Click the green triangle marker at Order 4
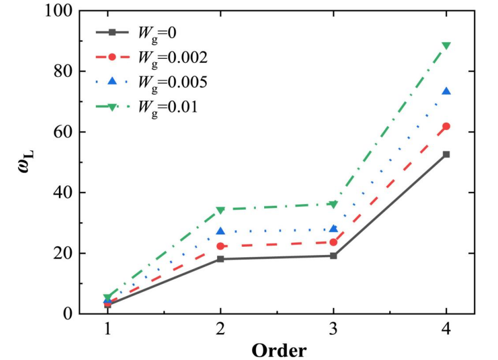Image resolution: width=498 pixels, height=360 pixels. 446,46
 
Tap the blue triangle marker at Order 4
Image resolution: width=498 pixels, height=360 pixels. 446,91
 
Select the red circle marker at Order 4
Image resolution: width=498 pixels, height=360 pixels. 446,126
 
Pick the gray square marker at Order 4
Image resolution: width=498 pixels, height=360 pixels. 446,154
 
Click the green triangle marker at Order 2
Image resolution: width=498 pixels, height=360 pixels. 220,210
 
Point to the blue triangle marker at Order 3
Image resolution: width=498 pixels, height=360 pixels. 334,229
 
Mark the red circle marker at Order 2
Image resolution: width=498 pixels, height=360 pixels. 220,246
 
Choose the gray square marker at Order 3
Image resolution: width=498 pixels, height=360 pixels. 334,256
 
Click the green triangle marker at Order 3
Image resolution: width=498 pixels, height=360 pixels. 334,205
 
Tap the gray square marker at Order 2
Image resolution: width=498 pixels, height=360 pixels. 220,259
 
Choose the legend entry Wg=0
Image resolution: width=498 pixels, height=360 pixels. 157,33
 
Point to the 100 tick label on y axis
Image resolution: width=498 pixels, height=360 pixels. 59,11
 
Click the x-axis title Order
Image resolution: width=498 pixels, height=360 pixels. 279,350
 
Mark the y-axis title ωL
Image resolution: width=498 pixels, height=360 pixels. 25,163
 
